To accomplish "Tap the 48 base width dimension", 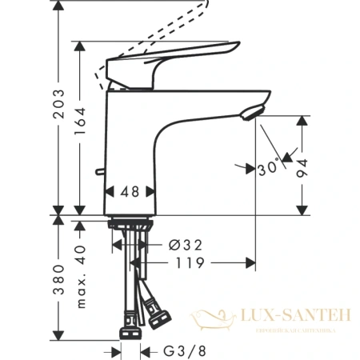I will click(130, 193).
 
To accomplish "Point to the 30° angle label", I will click(269, 168).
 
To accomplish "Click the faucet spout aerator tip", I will click(254, 114).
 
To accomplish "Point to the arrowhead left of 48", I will click(110, 193).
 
